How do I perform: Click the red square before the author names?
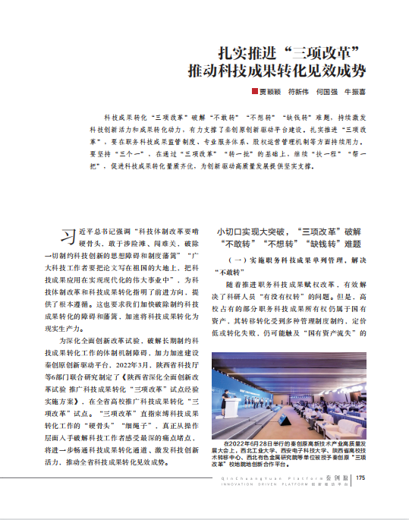click(256, 92)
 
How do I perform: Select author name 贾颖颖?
click(271, 92)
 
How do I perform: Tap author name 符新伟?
click(301, 92)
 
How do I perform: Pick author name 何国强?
click(330, 92)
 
